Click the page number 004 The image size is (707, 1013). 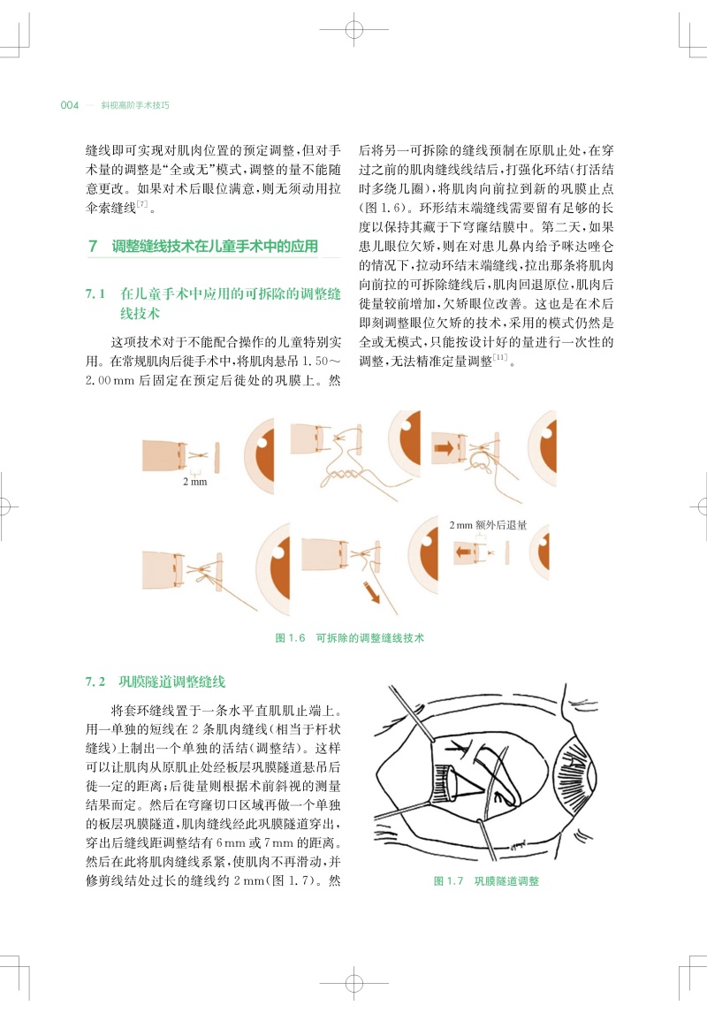point(69,105)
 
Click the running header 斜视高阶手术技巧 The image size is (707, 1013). point(135,105)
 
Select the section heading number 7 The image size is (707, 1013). point(93,246)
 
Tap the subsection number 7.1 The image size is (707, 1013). point(95,294)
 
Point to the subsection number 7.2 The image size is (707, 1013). point(95,682)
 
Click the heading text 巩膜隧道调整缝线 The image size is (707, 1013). point(171,682)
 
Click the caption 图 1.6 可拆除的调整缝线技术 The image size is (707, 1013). point(349,637)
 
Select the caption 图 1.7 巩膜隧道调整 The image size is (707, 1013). point(486,880)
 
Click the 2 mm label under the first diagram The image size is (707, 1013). point(195,481)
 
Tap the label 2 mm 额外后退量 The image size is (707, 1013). point(488,525)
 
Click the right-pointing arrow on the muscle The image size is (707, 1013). point(444,446)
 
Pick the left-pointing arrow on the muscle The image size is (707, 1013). point(464,552)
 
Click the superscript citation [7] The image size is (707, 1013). point(142,204)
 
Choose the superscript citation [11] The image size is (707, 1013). point(500,357)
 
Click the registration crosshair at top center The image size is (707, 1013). point(353,29)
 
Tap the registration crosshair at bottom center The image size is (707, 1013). point(353,983)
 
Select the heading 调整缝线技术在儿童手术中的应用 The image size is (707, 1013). point(215,246)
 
